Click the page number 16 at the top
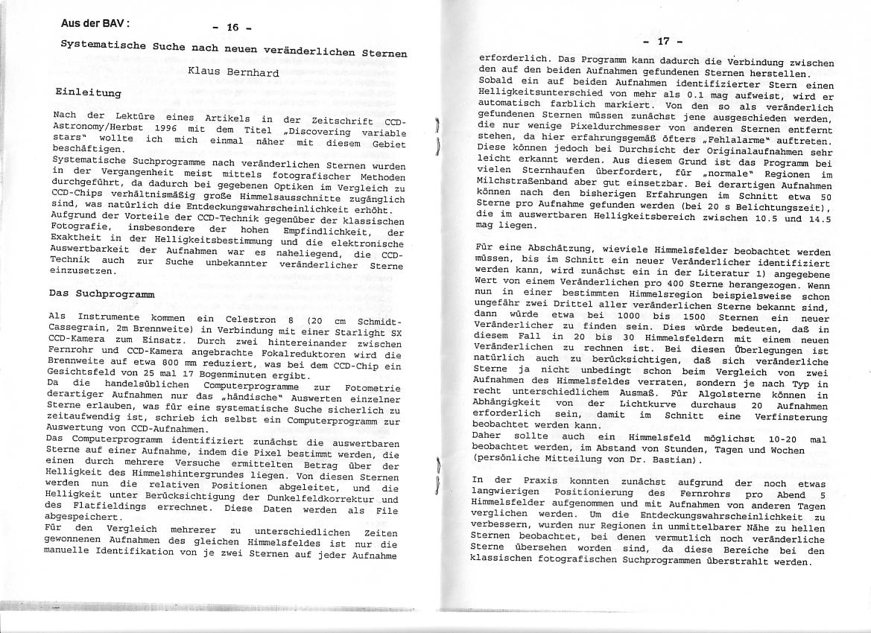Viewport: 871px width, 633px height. coord(232,28)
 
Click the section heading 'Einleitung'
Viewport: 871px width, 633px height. coord(88,93)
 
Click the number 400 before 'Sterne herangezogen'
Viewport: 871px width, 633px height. coord(666,276)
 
